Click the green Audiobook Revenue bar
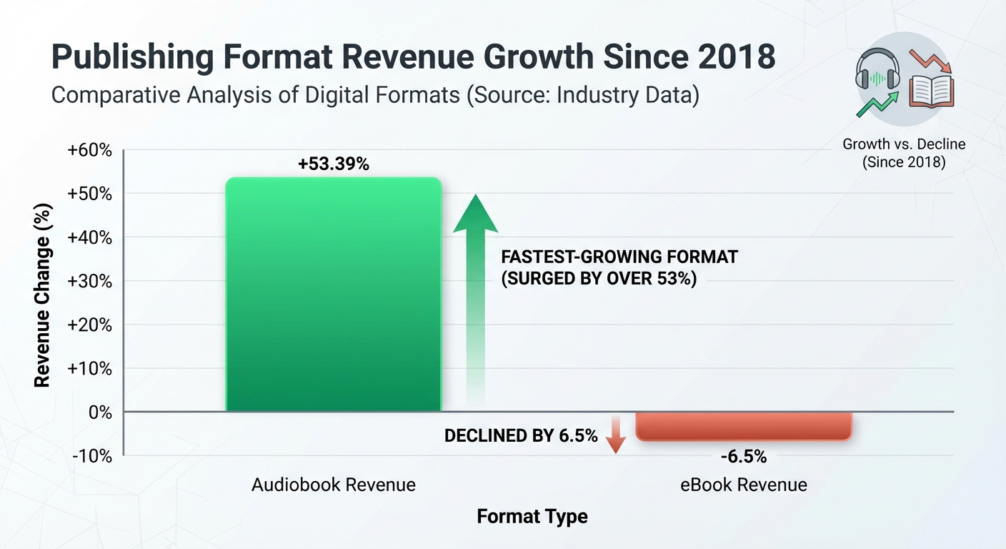pos(334,295)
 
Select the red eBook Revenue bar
pos(744,426)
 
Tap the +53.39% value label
pos(333,164)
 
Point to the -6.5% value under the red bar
pos(744,457)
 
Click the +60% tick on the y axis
pos(89,150)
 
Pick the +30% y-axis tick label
pos(89,281)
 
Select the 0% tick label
pos(100,412)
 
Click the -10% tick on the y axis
pos(92,456)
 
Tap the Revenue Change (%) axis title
pos(43,296)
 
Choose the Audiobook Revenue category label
pos(334,485)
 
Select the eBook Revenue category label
pos(744,485)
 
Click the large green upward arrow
pos(476,301)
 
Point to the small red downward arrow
pos(616,435)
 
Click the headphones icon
pos(877,69)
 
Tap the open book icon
pos(932,91)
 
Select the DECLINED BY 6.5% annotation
pos(521,436)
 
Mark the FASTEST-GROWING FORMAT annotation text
pos(619,257)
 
